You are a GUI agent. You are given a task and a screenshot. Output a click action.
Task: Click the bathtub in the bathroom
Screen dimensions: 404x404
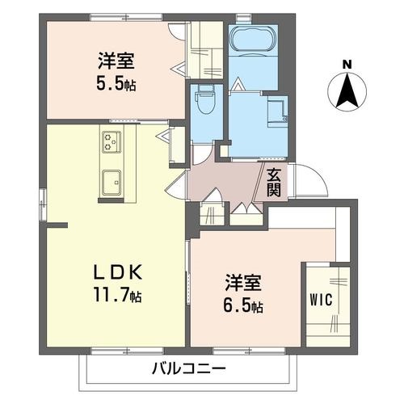[254, 38]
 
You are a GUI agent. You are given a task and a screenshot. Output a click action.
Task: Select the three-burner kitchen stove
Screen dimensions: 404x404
[112, 141]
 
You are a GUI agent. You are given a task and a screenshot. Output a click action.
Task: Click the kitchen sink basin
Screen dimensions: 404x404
[112, 183]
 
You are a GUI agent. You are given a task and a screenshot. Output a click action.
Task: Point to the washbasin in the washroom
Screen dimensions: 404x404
[277, 111]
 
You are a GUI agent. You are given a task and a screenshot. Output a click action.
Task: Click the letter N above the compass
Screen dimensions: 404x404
[347, 65]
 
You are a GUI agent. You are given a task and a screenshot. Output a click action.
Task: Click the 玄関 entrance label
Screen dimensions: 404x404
[274, 183]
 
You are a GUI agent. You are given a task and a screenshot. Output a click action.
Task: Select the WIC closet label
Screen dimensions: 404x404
[321, 300]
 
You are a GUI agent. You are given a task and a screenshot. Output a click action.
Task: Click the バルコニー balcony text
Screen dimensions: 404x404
[188, 369]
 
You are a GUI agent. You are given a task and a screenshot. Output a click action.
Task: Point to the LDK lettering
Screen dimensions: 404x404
[118, 272]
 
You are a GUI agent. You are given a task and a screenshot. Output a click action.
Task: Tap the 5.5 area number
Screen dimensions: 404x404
[110, 83]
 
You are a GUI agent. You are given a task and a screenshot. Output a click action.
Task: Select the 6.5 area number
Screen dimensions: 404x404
[237, 305]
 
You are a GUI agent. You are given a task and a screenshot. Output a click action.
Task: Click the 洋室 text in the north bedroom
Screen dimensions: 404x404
[116, 61]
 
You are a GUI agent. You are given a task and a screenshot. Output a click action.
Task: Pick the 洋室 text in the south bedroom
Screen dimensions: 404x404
[243, 283]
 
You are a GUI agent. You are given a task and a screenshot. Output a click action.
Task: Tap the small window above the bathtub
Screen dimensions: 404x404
[243, 18]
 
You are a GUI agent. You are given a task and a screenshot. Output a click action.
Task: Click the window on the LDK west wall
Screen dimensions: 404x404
[43, 205]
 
